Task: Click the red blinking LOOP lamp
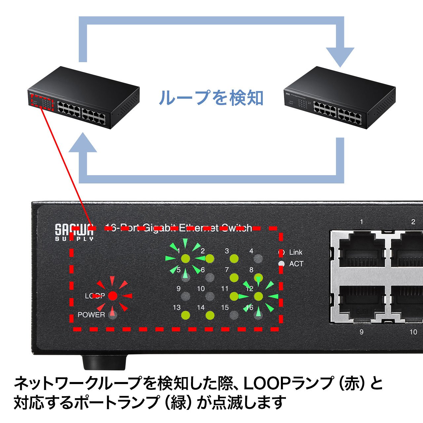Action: click(x=113, y=296)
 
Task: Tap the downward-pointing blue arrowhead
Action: click(x=340, y=57)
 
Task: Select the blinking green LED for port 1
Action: click(x=186, y=258)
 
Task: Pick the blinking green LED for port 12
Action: click(x=258, y=296)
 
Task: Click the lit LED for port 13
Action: click(x=186, y=315)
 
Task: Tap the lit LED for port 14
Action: click(x=210, y=315)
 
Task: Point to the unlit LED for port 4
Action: click(x=258, y=258)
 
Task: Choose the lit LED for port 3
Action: click(x=234, y=258)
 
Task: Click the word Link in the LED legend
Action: click(x=295, y=252)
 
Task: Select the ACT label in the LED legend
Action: click(x=296, y=264)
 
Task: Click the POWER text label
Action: click(x=91, y=315)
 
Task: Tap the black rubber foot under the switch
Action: click(x=104, y=362)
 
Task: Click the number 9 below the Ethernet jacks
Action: click(x=361, y=331)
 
